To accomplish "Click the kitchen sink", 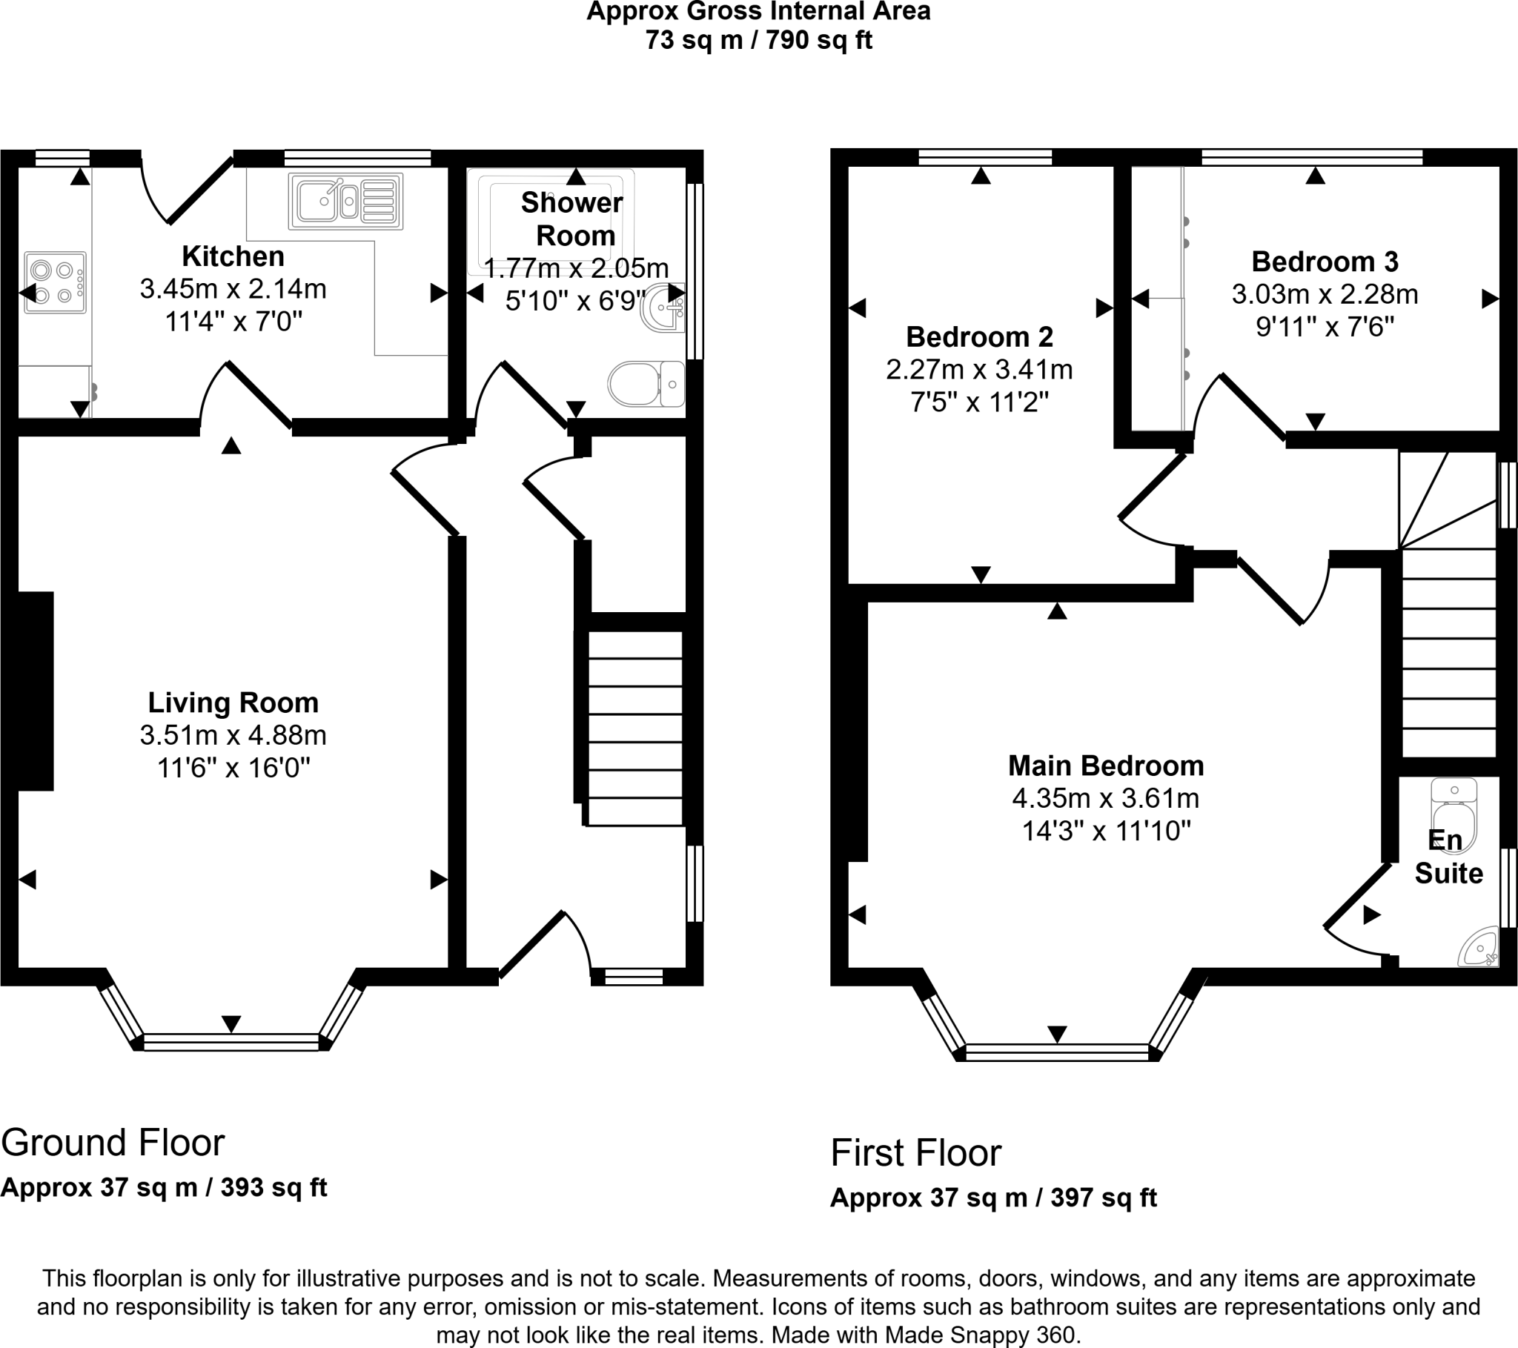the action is pos(347,201).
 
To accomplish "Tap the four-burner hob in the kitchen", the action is pos(56,283).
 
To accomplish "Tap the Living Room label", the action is pos(233,703).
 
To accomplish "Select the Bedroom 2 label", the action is pos(980,337).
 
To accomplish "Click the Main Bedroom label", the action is pos(1106,766).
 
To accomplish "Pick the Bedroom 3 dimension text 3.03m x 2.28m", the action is pos(1325,295).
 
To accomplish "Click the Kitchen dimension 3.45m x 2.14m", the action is pos(233,289).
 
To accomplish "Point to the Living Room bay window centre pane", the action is pos(231,1042).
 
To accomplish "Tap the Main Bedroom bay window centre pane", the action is pos(1057,1052).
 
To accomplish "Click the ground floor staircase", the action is pos(635,727).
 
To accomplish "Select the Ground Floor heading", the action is pos(113,1143).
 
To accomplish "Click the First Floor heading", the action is pos(915,1153).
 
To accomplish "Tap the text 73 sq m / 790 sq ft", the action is pos(758,40).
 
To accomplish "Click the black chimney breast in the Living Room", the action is pos(36,691).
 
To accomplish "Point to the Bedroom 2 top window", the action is pos(985,156).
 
